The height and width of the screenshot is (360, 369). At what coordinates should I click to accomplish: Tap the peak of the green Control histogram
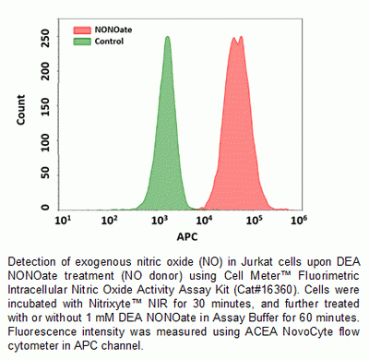tap(167, 39)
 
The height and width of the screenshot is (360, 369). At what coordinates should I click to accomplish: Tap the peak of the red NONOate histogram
tap(238, 39)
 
